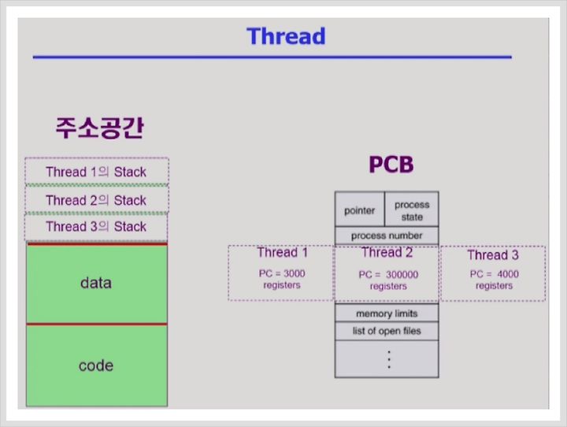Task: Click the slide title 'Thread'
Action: coord(286,36)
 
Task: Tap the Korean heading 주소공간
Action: coord(99,128)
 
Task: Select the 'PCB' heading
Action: coord(391,165)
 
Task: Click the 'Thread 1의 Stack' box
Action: coord(97,172)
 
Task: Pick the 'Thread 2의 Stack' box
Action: coord(97,199)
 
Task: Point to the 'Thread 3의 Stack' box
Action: coord(96,227)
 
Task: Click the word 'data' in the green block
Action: coord(96,283)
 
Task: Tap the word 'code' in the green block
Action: coord(96,366)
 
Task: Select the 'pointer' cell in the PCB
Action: coord(360,209)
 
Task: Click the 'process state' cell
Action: coord(412,209)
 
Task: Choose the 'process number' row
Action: coord(387,236)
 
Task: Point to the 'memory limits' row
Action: coord(387,313)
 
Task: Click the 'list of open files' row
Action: coord(387,331)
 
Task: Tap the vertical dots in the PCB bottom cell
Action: coord(389,359)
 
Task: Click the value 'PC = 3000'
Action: coord(282,273)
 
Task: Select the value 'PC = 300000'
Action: coord(388,274)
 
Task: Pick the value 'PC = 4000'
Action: coord(494,274)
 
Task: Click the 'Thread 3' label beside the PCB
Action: coord(493,254)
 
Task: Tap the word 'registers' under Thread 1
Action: coord(282,285)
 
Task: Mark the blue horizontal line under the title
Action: coord(272,57)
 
